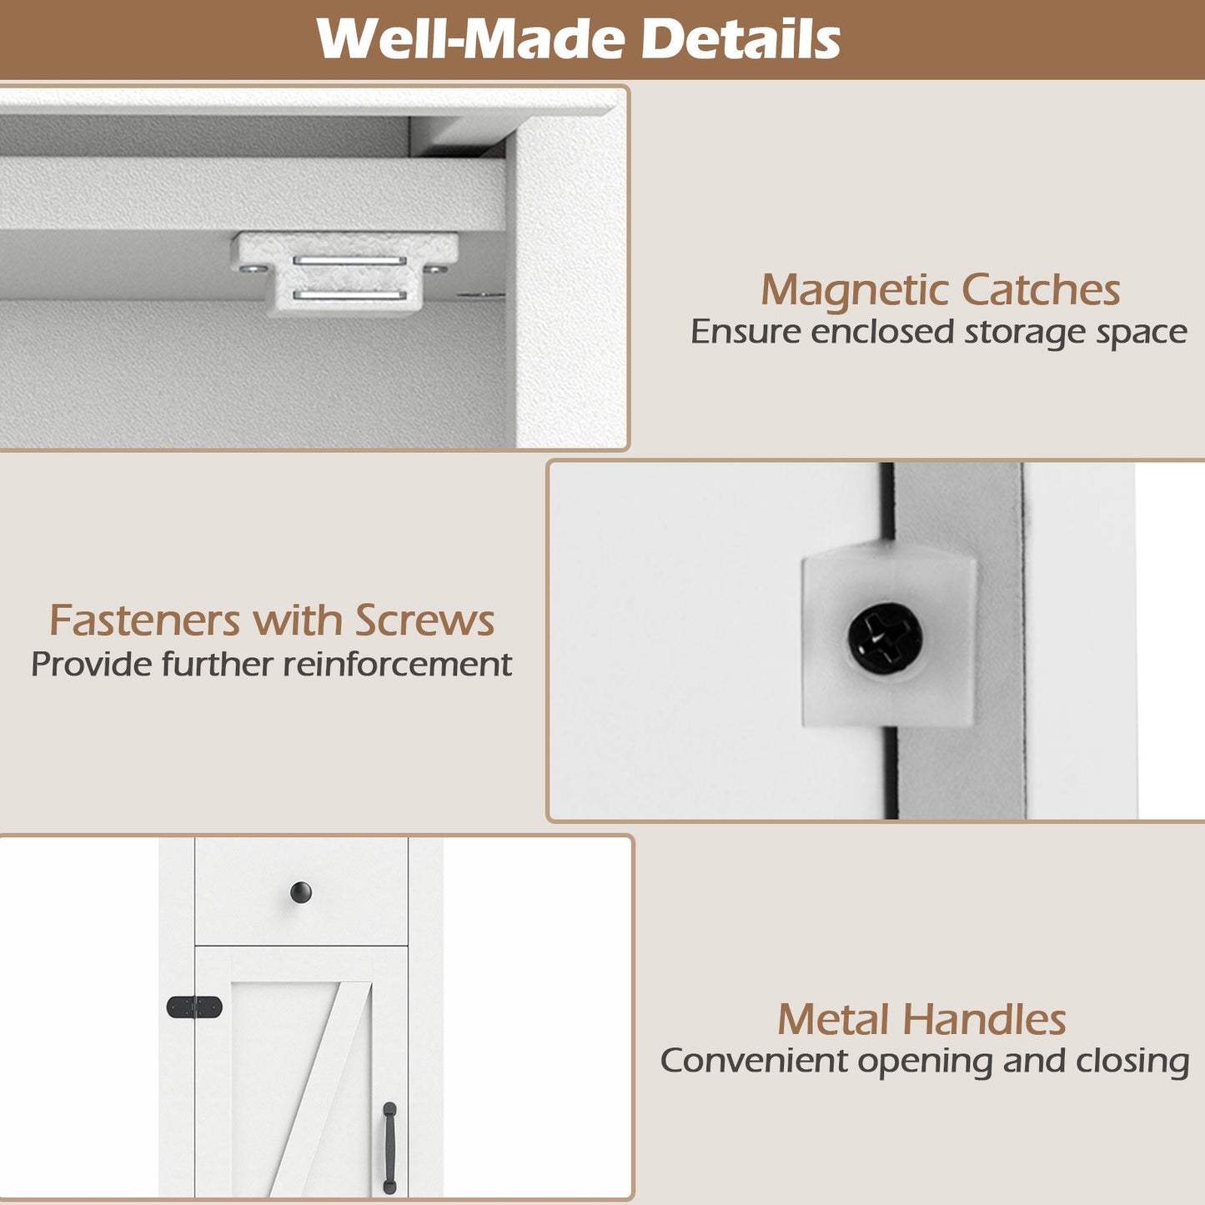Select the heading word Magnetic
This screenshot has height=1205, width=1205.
(x=856, y=291)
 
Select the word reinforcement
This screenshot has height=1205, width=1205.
(x=398, y=664)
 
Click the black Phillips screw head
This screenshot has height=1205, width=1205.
(x=885, y=639)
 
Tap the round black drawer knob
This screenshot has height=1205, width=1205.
(x=301, y=892)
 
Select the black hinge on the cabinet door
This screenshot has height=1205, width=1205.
(x=194, y=1007)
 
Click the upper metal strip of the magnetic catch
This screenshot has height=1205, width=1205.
(x=349, y=260)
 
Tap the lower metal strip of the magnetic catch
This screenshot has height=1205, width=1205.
(x=349, y=295)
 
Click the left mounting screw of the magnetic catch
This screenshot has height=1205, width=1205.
(x=251, y=269)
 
